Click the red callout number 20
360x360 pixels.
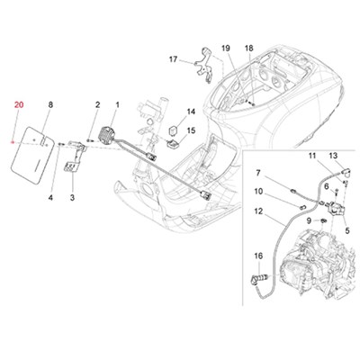pyautogui.click(x=19, y=105)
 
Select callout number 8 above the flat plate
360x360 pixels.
pyautogui.click(x=50, y=105)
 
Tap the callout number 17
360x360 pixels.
pyautogui.click(x=174, y=59)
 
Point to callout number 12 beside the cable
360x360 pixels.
pyautogui.click(x=258, y=211)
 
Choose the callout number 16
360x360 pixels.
pyautogui.click(x=258, y=256)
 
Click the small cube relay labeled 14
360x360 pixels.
pyautogui.click(x=174, y=130)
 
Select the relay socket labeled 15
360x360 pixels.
pyautogui.click(x=172, y=144)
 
